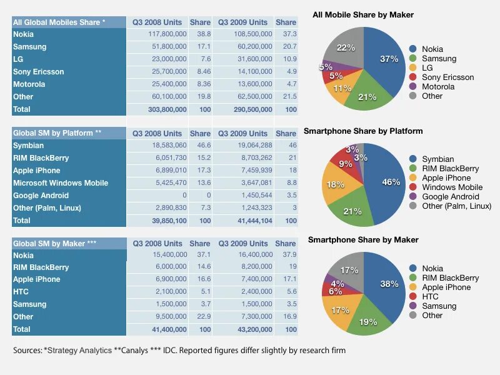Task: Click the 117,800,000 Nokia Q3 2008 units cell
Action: point(167,34)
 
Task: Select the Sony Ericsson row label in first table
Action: point(39,72)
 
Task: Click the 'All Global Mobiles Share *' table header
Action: point(59,22)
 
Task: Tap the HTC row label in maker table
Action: point(22,292)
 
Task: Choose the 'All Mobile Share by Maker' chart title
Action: point(363,14)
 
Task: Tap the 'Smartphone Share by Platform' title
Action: point(363,131)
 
